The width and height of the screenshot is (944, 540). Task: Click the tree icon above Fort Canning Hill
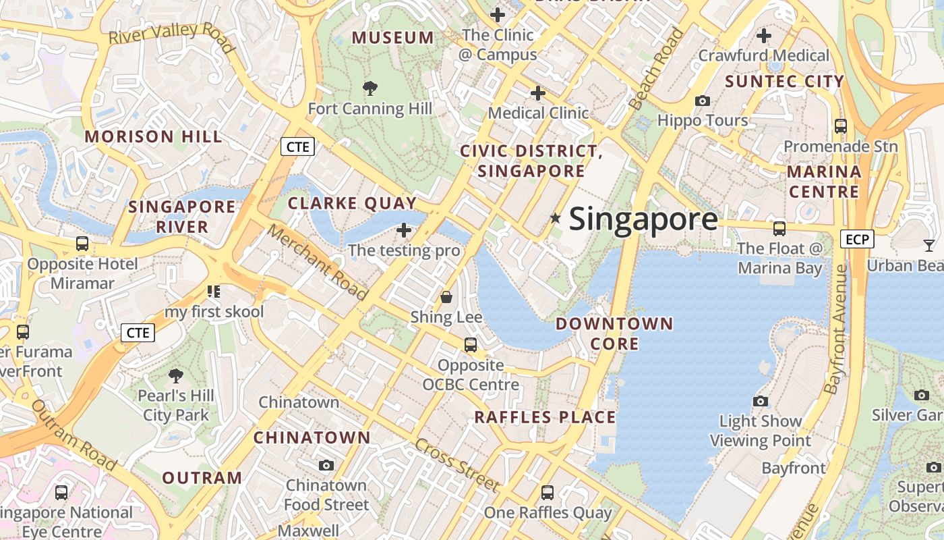pos(370,88)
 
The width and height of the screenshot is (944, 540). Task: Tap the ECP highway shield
pos(857,238)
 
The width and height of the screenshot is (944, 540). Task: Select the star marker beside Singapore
pos(555,218)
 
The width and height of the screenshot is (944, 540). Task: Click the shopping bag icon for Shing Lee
pos(446,296)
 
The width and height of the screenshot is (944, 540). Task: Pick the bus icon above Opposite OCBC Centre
pos(471,345)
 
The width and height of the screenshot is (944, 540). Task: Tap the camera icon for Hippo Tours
pos(703,101)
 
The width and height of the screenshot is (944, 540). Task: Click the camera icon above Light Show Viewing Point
pos(761,401)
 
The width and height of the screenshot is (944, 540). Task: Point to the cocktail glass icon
pos(929,245)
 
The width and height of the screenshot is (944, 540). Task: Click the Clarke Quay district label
pos(352,202)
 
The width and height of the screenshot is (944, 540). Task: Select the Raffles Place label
pos(545,417)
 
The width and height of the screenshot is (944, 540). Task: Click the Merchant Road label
pos(317,262)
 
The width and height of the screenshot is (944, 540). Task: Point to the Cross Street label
pos(457,464)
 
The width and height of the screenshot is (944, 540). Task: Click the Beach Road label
pos(655,69)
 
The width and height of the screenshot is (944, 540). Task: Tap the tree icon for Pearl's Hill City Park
pos(176,375)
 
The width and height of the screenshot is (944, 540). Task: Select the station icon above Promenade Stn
pos(840,126)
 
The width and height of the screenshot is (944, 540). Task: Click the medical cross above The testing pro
pos(404,231)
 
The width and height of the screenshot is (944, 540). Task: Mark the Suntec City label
pos(784,82)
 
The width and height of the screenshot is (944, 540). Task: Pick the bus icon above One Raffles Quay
pos(548,493)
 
